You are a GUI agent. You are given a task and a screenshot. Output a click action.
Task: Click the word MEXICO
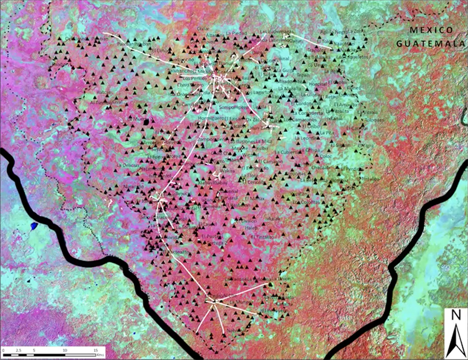(432, 30)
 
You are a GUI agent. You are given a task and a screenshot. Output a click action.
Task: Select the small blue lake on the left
(34, 226)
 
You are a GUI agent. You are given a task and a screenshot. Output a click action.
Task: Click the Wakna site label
(227, 170)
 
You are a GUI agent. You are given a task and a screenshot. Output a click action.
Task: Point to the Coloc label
(326, 156)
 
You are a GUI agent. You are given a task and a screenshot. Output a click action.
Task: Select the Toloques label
(374, 119)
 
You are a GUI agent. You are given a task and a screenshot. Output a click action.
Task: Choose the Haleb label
(251, 227)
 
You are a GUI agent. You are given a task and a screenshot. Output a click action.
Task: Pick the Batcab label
(105, 92)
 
